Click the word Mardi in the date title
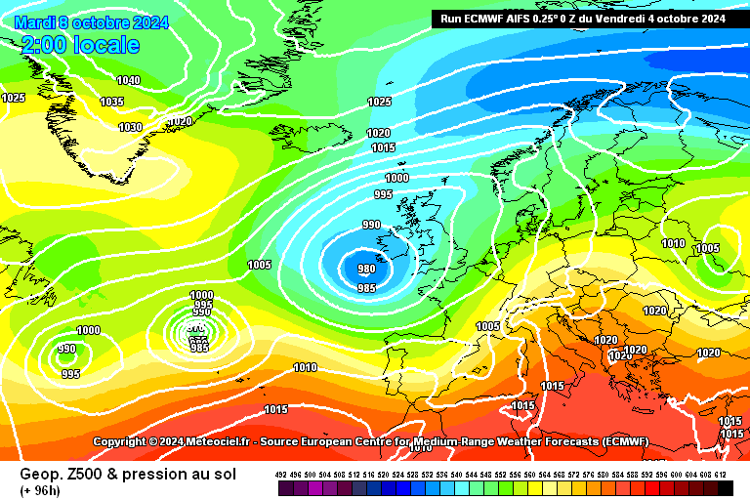[x=35, y=22]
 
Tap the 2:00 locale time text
[x=79, y=45]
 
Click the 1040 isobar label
[x=128, y=80]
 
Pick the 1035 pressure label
[x=111, y=102]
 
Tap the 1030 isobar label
[x=130, y=127]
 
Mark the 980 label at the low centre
[x=366, y=269]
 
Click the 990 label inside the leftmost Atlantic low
[x=66, y=349]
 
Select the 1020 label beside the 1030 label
[x=180, y=122]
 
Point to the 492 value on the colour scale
[x=281, y=474]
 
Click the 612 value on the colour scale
[x=720, y=474]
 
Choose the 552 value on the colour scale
[x=500, y=474]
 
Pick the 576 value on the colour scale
[x=588, y=474]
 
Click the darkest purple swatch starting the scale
[x=281, y=486]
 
